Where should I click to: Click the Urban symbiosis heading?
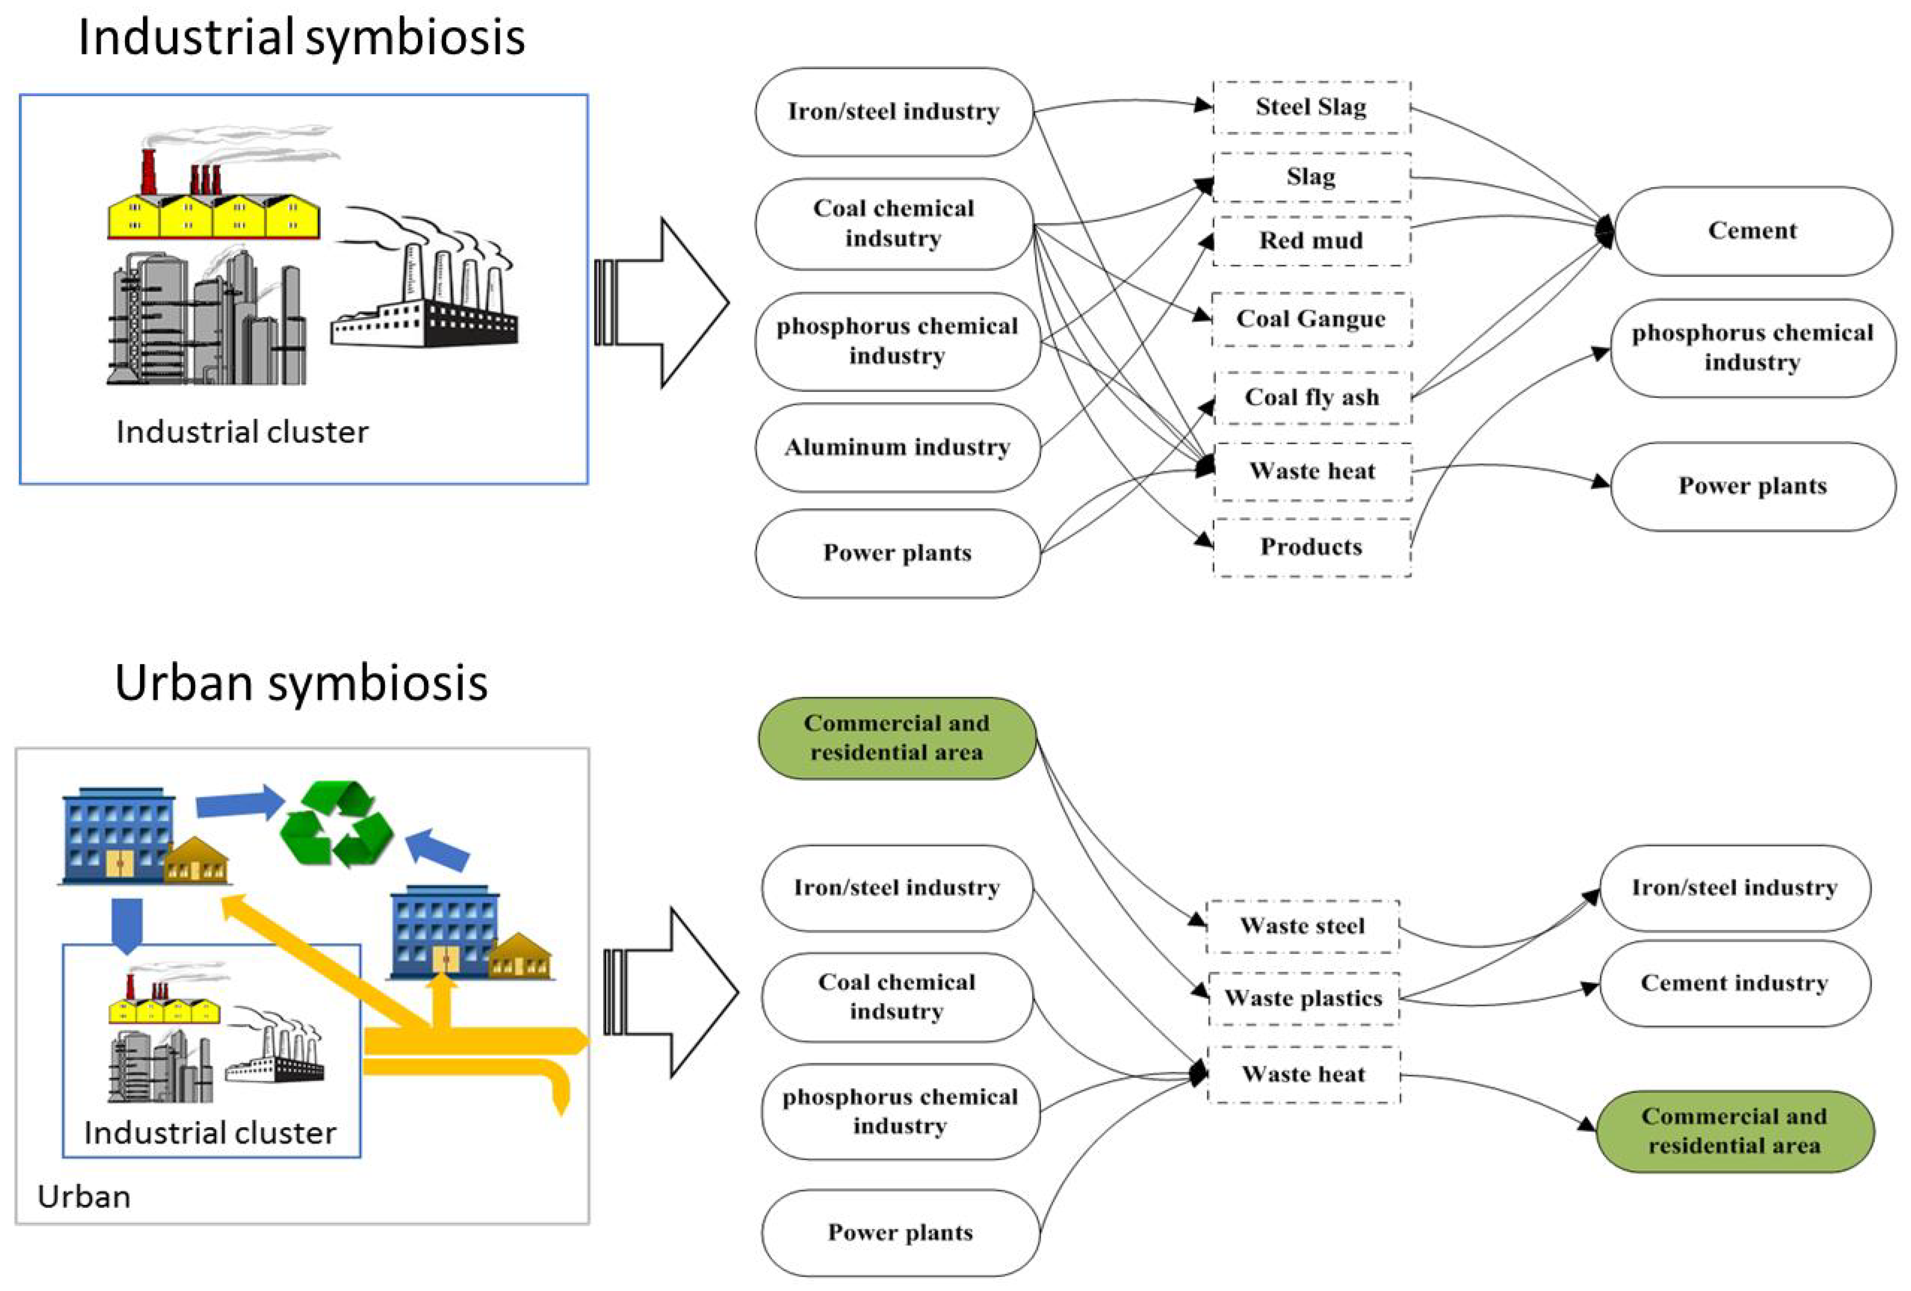[301, 683]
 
